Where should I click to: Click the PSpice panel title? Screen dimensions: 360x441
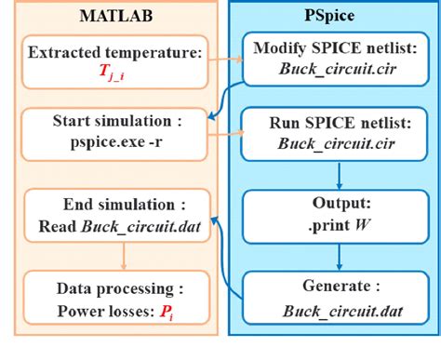coord(327,17)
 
